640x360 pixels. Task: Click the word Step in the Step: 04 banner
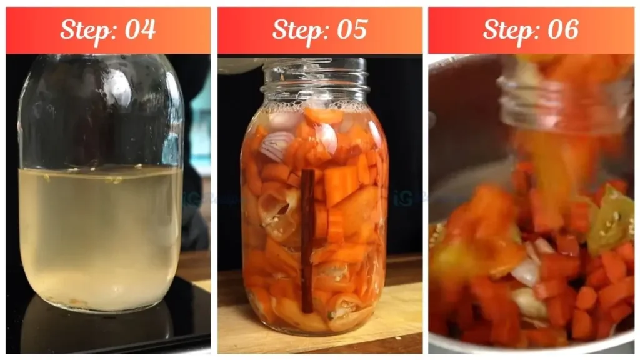tap(85, 29)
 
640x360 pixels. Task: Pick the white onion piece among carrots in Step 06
tap(526, 272)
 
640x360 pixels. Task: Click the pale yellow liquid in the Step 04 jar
tap(100, 237)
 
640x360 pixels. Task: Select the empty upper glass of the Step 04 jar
tap(100, 112)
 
